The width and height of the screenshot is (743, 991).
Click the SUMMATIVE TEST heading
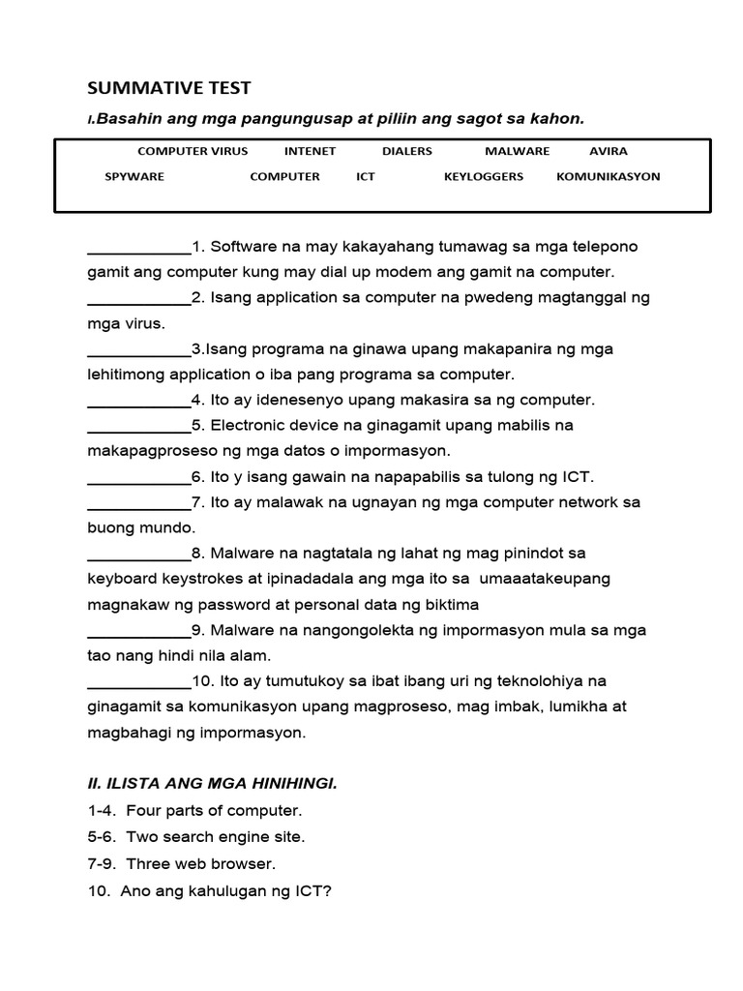tap(169, 88)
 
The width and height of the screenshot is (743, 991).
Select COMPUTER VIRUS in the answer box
tap(193, 151)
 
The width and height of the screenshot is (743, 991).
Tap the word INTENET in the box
tap(310, 151)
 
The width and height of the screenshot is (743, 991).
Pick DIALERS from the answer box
tap(407, 151)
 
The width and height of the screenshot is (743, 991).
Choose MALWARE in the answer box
tap(517, 151)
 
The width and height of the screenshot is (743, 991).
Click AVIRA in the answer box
tap(609, 151)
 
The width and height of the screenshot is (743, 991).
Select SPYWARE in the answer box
tap(134, 177)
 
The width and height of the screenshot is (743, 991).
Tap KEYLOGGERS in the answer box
tap(484, 177)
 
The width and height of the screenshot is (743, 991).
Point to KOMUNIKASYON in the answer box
tap(609, 177)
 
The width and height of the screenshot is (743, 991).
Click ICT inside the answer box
tap(366, 177)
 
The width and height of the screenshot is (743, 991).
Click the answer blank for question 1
tap(139, 248)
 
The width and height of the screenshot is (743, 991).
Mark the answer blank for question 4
tap(139, 401)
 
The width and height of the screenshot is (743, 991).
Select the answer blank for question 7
tap(139, 503)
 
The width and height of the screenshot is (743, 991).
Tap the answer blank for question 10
tap(139, 682)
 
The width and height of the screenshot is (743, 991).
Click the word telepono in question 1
tap(607, 247)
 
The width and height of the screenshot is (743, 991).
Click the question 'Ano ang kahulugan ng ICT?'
tap(209, 890)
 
